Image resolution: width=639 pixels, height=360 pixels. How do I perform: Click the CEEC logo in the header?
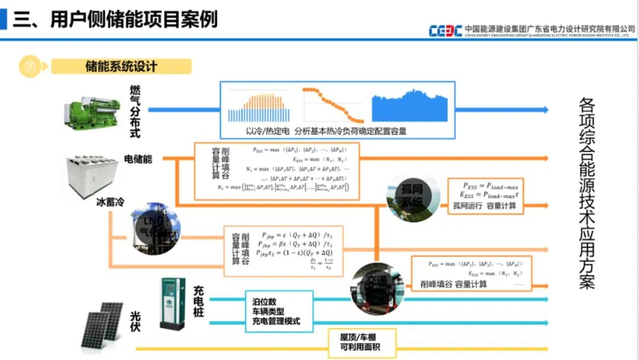point(445,30)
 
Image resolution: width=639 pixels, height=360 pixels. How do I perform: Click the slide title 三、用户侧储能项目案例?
point(115,19)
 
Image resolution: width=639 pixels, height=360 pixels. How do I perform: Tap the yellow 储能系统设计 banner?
point(121,66)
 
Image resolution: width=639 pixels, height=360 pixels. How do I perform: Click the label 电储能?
point(138,159)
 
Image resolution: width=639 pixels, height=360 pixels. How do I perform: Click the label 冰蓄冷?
point(110,202)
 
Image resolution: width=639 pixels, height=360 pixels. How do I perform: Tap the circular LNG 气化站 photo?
point(155,229)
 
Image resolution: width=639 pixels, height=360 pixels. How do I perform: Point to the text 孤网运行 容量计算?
point(485,206)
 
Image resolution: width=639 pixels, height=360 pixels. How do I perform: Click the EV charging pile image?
point(172,303)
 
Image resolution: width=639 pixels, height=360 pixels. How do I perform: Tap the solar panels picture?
point(103,324)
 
